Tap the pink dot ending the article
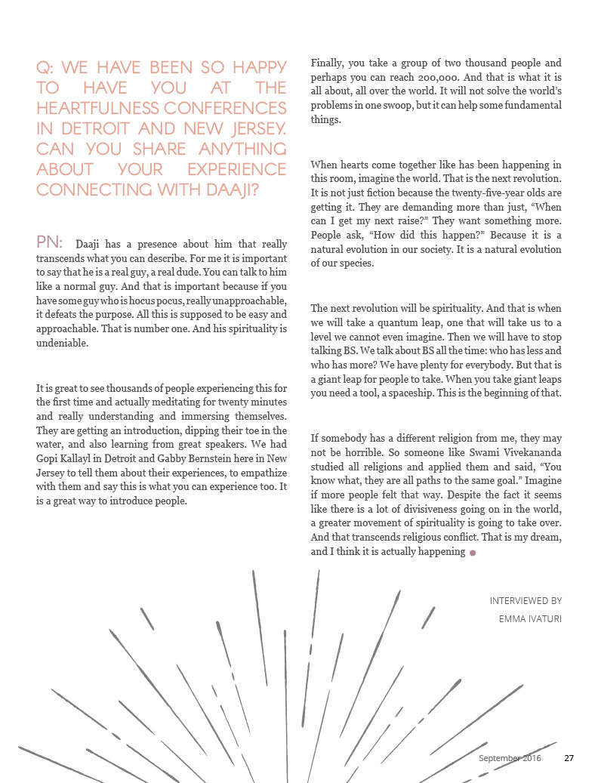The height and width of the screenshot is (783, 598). click(473, 553)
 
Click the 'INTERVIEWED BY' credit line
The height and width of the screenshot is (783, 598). click(526, 601)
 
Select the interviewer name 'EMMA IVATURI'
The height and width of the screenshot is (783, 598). click(530, 618)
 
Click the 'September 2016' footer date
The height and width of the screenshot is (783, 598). click(510, 757)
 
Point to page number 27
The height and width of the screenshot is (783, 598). click(569, 757)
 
